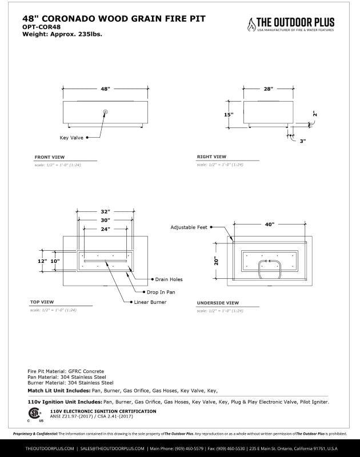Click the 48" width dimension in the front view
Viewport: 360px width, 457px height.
(105, 89)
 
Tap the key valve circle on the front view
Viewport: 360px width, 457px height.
(105, 111)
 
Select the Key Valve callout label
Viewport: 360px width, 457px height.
(71, 138)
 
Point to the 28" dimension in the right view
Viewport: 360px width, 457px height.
(269, 89)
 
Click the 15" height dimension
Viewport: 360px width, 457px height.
(229, 114)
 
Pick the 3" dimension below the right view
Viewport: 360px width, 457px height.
(302, 140)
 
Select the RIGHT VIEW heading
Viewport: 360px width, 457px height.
(211, 157)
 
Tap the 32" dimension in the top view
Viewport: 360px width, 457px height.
(105, 211)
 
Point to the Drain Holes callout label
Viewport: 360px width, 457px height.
(169, 279)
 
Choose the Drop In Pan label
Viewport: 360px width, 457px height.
(163, 291)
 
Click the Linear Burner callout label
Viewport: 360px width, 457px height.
(150, 302)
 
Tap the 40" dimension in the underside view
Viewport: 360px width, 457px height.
(270, 225)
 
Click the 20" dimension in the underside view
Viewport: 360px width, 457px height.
(217, 260)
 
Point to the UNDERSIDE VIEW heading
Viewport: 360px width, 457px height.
(218, 302)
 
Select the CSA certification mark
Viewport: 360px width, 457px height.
(34, 414)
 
